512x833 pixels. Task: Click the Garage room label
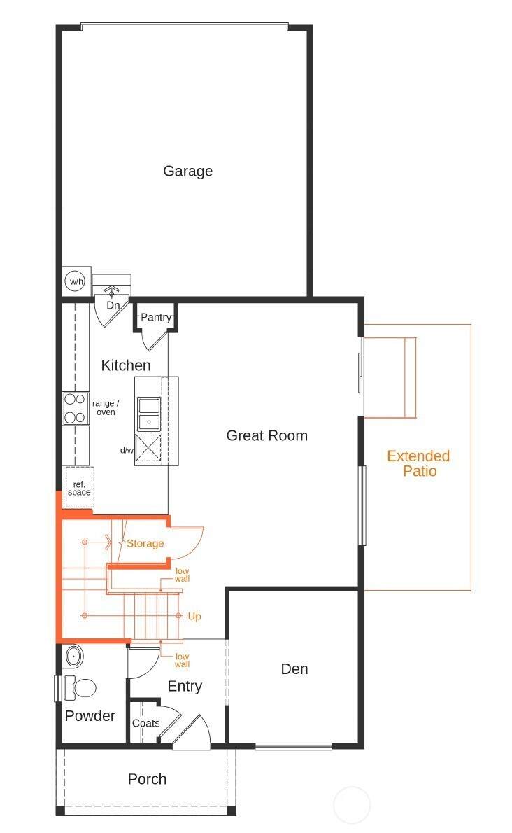click(x=188, y=171)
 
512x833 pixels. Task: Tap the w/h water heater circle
click(x=76, y=281)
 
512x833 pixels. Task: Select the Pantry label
click(x=156, y=317)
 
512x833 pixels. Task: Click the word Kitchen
click(x=126, y=365)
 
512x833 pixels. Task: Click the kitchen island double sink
click(x=149, y=414)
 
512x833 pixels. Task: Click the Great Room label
click(x=267, y=435)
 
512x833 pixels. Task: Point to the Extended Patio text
click(x=419, y=463)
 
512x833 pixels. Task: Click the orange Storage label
click(x=145, y=543)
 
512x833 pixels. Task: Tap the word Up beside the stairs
click(x=194, y=616)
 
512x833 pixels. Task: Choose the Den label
click(x=294, y=668)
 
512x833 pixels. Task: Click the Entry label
click(x=185, y=687)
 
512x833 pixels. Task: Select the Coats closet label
click(x=146, y=723)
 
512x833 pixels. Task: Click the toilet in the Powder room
click(x=80, y=687)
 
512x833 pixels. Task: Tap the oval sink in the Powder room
click(x=73, y=657)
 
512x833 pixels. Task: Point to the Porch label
click(x=148, y=779)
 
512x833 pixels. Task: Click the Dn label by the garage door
click(x=113, y=305)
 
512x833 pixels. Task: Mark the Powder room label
click(x=90, y=716)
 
